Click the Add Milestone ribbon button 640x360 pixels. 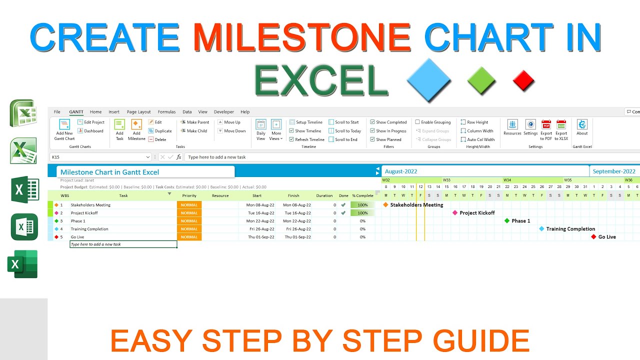pyautogui.click(x=136, y=129)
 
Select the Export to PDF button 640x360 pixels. pyautogui.click(x=546, y=129)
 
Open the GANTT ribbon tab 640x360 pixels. pyautogui.click(x=76, y=112)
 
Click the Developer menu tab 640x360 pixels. pyautogui.click(x=223, y=112)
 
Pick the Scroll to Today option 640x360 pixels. pyautogui.click(x=345, y=131)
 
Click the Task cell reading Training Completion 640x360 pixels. pyautogui.click(x=89, y=229)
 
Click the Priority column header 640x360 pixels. pyautogui.click(x=189, y=195)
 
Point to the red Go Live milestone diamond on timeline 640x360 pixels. pyautogui.click(x=593, y=237)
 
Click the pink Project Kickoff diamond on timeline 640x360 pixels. pyautogui.click(x=455, y=213)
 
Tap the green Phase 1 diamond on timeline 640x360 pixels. pyautogui.click(x=507, y=221)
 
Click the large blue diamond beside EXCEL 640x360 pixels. pyautogui.click(x=429, y=80)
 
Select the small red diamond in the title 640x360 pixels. pyautogui.click(x=523, y=80)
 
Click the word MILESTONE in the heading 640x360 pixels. pyautogui.click(x=302, y=37)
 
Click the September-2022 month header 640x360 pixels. pyautogui.click(x=613, y=171)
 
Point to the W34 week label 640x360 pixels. pyautogui.click(x=507, y=180)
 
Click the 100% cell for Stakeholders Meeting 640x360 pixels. pyautogui.click(x=362, y=205)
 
